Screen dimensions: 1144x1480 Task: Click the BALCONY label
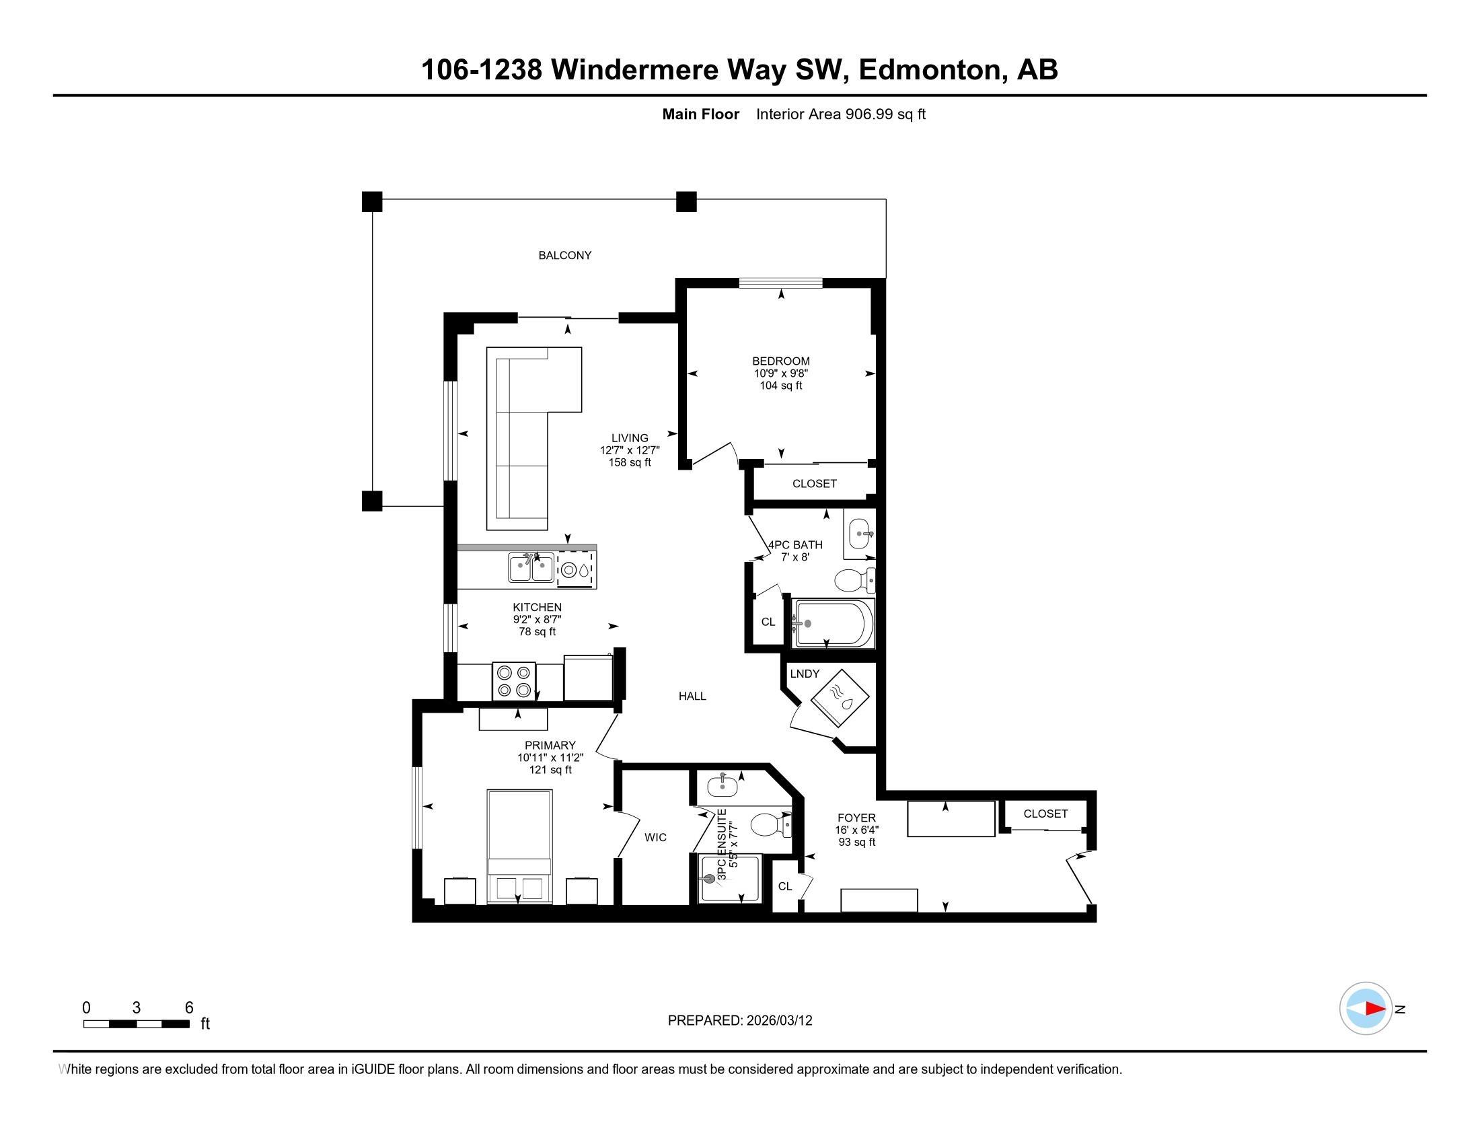pyautogui.click(x=564, y=256)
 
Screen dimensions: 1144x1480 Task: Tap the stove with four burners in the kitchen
pyautogui.click(x=513, y=681)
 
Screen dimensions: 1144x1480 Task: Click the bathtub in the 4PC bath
pyautogui.click(x=834, y=623)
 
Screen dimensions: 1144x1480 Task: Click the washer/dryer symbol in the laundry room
pyautogui.click(x=840, y=699)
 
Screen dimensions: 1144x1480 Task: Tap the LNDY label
pyautogui.click(x=805, y=674)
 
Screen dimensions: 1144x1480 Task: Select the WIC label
pyautogui.click(x=655, y=838)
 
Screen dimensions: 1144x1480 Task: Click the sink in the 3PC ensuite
pyautogui.click(x=723, y=786)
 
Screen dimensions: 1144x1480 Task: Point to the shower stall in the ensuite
pyautogui.click(x=731, y=879)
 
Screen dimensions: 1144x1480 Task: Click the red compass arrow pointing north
pyautogui.click(x=1375, y=1008)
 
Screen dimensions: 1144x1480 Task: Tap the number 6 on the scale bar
pyautogui.click(x=189, y=1007)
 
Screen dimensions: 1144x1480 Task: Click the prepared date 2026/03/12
pyautogui.click(x=778, y=1021)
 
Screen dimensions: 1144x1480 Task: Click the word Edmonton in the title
pyautogui.click(x=929, y=70)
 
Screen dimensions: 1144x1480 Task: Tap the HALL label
pyautogui.click(x=692, y=696)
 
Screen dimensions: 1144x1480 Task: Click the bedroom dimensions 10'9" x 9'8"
pyautogui.click(x=780, y=373)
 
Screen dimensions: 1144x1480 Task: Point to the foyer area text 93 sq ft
pyautogui.click(x=856, y=843)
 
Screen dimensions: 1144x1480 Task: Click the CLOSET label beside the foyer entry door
pyautogui.click(x=1045, y=814)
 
